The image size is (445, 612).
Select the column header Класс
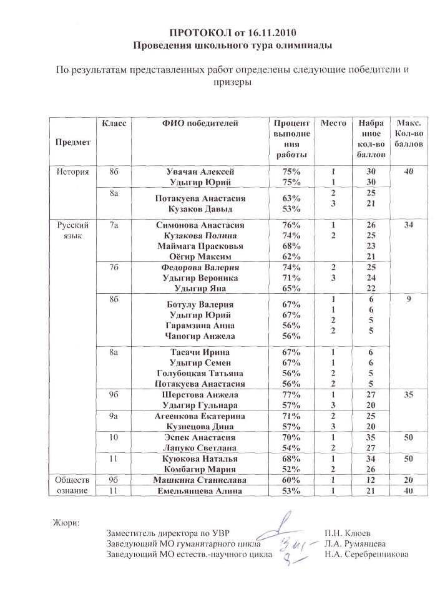[114, 124]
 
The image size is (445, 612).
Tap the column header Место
[333, 124]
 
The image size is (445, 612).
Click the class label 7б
[114, 267]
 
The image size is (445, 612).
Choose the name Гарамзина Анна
[200, 325]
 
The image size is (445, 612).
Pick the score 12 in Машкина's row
[371, 480]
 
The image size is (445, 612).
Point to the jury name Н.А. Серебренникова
[366, 553]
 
